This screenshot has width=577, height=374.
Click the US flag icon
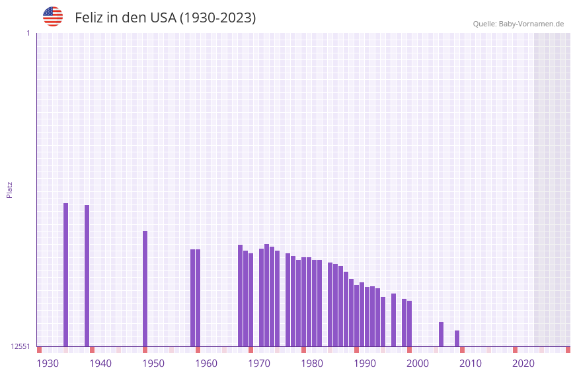point(53,16)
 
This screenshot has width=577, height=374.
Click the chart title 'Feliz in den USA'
point(165,18)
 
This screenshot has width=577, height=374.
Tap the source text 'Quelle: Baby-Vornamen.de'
point(518,24)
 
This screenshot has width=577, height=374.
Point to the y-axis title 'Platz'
point(9,189)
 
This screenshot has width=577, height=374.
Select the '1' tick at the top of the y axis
point(28,33)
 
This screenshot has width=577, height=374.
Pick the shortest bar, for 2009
point(457,338)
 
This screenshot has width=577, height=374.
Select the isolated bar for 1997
point(394,320)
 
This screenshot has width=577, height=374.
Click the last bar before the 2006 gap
point(410,323)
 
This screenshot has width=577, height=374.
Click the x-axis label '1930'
point(48,363)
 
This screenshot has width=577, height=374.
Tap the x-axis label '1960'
point(206,363)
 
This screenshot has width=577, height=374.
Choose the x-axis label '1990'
point(365,363)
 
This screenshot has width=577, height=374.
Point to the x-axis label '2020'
point(523,363)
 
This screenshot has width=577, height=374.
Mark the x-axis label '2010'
point(471,363)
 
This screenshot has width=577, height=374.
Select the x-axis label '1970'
point(259,363)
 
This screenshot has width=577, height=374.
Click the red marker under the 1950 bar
point(145,350)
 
